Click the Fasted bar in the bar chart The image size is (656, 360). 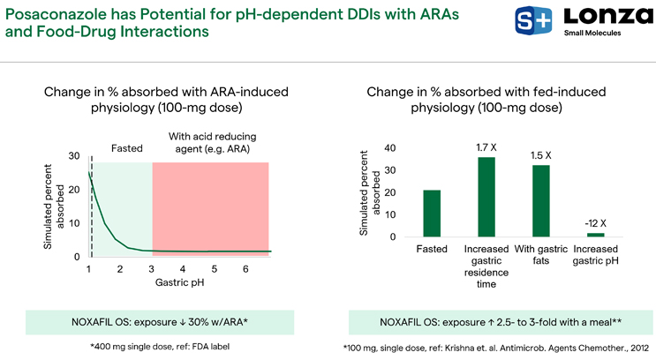click(432, 214)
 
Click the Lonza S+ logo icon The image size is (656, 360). click(529, 20)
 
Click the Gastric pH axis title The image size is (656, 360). click(180, 283)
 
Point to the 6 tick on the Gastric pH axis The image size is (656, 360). click(245, 268)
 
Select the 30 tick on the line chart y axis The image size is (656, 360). click(75, 156)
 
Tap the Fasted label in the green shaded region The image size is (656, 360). click(126, 148)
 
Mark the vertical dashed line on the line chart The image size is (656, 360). click(92, 203)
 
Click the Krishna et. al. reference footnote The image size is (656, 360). click(499, 346)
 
